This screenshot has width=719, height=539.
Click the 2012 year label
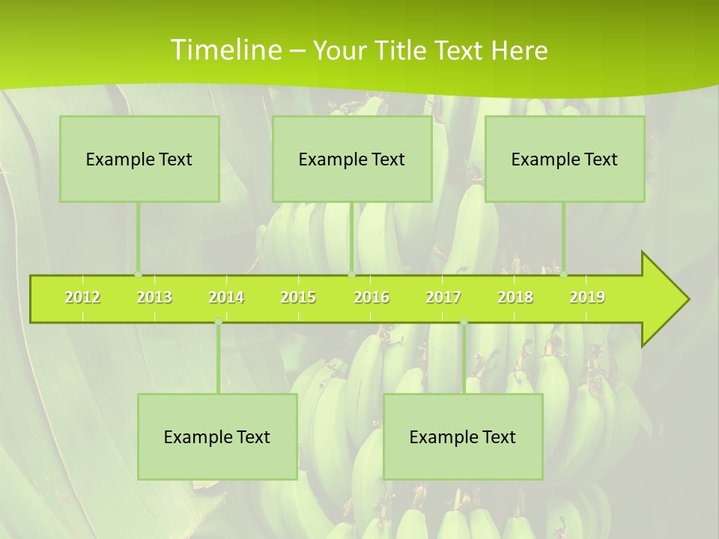pos(82,297)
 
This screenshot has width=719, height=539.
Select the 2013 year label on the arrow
pos(154,297)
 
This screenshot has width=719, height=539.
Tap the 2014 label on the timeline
pos(226,297)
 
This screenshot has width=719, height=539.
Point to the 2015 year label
pos(298,297)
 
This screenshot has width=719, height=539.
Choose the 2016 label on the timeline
pos(371,297)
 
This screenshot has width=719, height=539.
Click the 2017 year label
pos(443,297)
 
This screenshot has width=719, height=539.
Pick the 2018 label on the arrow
pos(515,297)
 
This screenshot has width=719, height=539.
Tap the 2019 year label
pos(587,297)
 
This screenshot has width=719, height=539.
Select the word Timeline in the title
pos(225,50)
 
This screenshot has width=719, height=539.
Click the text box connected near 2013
pos(139,159)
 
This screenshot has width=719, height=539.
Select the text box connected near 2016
pos(352,159)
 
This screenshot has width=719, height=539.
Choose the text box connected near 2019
pos(565,159)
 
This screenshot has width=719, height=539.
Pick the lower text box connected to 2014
pos(217,436)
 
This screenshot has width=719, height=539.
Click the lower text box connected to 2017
pos(463,436)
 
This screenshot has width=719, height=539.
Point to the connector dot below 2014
pos(218,322)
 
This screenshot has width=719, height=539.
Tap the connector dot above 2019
pos(564,274)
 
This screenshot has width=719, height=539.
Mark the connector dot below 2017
pos(464,322)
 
